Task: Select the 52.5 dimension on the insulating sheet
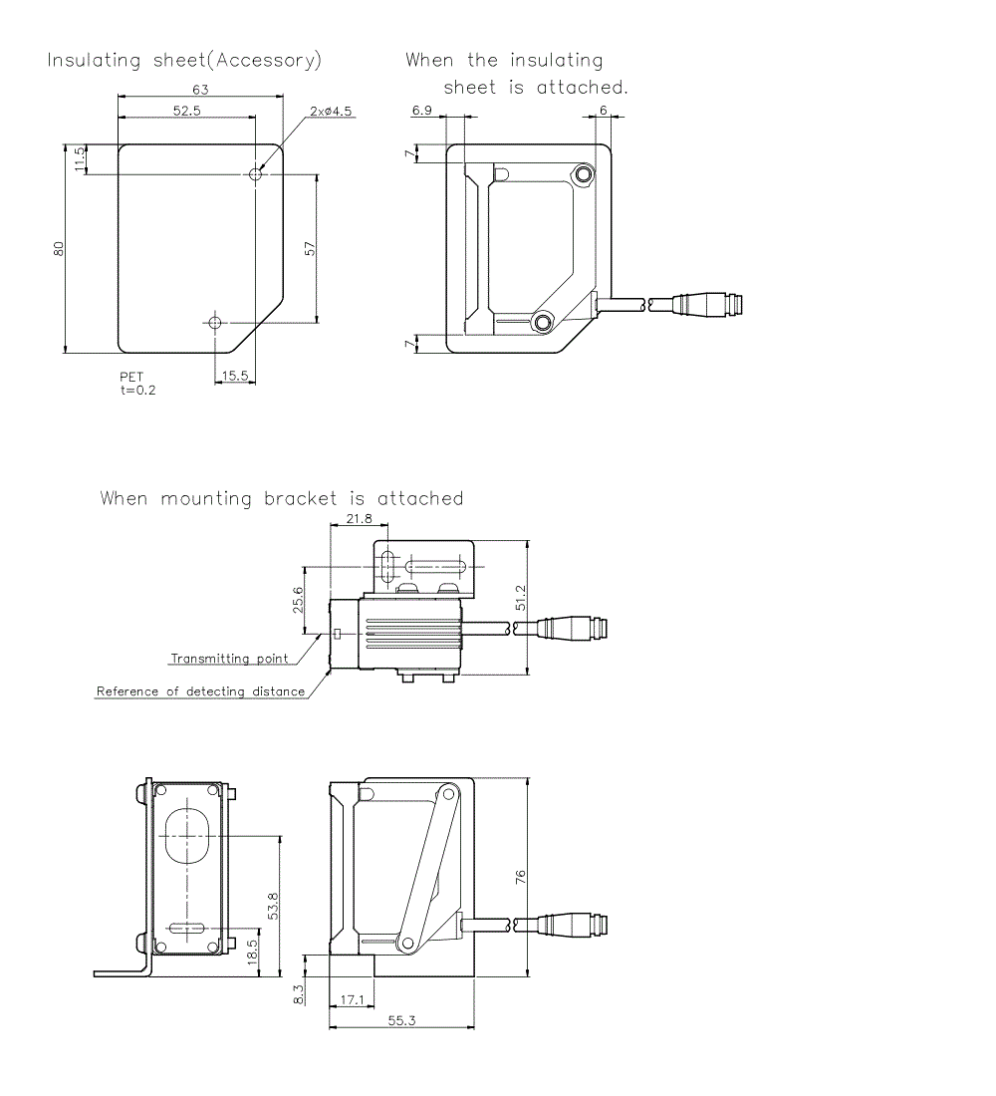[186, 111]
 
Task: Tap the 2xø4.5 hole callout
[331, 112]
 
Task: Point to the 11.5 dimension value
[80, 159]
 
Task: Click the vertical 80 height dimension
[59, 249]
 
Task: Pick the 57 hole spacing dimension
[310, 248]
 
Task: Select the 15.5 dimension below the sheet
[236, 375]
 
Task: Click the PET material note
[131, 378]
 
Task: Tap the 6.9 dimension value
[421, 111]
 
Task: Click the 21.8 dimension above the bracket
[360, 519]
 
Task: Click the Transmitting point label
[229, 659]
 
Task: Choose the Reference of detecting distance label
[200, 691]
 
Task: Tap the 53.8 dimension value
[273, 906]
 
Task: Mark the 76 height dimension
[520, 877]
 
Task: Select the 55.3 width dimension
[401, 1021]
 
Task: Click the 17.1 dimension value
[352, 998]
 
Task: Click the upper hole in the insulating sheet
[256, 174]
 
